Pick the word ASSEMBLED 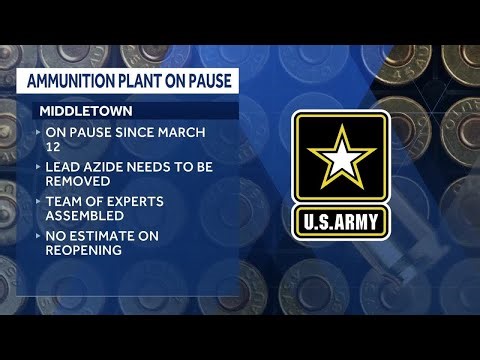click(x=84, y=214)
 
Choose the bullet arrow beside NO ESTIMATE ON click(x=38, y=237)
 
